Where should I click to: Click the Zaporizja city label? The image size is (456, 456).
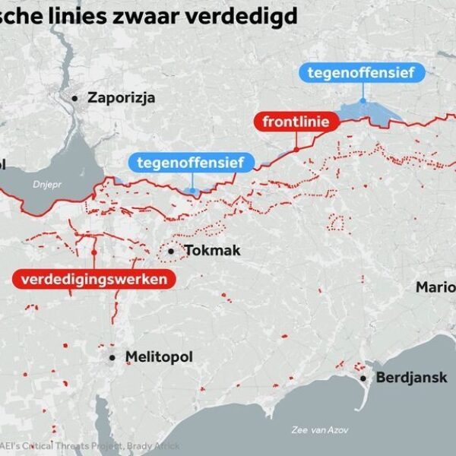click(122, 97)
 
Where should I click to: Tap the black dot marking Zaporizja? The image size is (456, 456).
click(75, 97)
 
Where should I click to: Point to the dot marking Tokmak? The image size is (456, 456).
click(171, 251)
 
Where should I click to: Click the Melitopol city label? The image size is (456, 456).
click(159, 356)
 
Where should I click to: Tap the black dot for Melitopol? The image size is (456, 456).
click(112, 356)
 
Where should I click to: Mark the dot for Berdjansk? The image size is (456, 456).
click(363, 378)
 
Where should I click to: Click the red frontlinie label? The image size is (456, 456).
click(296, 122)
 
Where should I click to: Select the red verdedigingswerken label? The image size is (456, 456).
click(94, 280)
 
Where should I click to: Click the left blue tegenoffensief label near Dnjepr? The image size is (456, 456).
click(191, 162)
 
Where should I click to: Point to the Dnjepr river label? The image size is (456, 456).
click(46, 184)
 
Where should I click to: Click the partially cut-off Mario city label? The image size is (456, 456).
click(435, 287)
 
